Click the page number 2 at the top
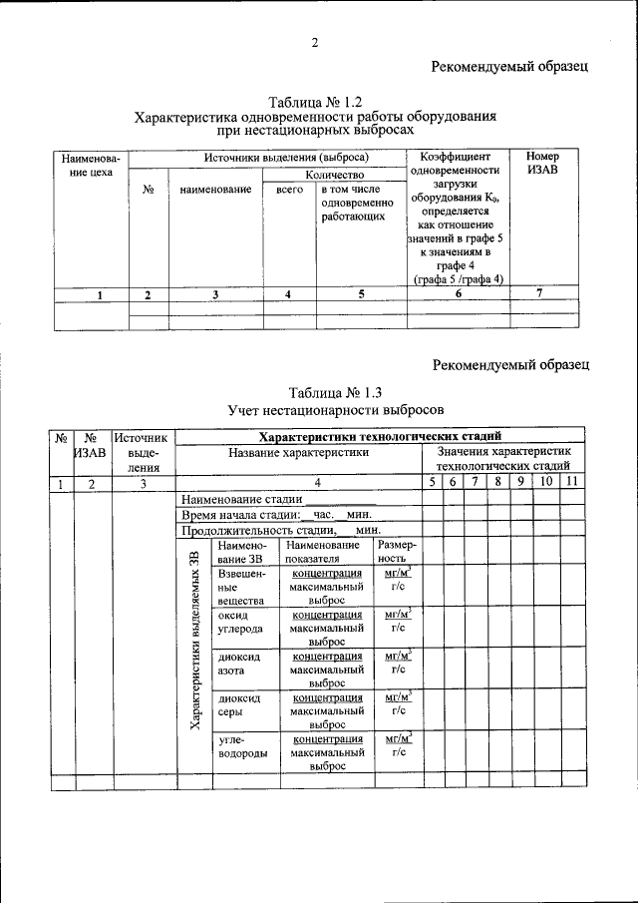(x=315, y=42)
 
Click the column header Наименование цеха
(x=91, y=165)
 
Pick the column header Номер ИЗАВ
(x=542, y=165)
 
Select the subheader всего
(x=289, y=190)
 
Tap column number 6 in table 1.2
(x=459, y=294)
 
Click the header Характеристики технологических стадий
(x=380, y=436)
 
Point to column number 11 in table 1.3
(x=570, y=483)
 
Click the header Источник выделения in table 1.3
(x=144, y=451)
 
